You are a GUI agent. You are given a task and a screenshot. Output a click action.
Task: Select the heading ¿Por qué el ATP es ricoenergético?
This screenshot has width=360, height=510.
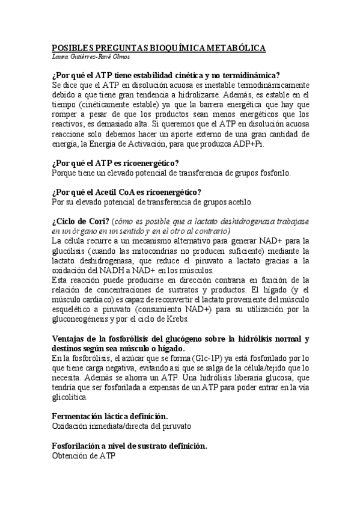coord(115,162)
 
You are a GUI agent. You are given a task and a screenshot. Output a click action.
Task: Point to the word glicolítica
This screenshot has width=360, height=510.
coord(70,397)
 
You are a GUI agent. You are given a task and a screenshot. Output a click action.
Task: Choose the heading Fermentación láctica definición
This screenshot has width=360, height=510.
coord(110,417)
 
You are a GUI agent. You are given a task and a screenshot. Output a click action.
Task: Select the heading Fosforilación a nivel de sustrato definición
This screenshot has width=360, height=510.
coord(130,446)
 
